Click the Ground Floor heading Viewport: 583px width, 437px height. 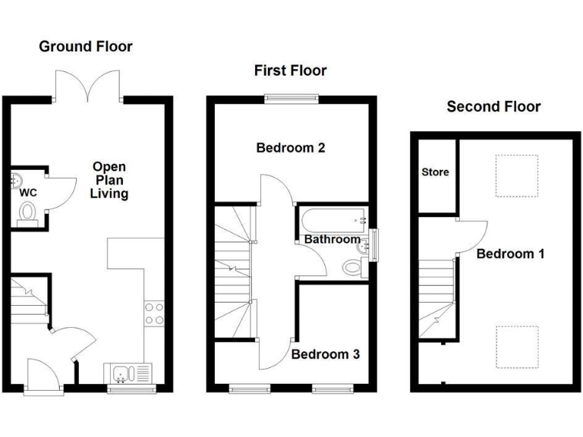86,47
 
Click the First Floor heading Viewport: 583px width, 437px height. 290,71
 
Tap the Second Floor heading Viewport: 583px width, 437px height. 493,106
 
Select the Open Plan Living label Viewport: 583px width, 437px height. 109,180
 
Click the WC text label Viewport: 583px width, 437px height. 27,192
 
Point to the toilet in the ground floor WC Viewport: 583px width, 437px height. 28,212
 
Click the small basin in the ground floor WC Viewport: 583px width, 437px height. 17,180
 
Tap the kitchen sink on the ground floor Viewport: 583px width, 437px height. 128,374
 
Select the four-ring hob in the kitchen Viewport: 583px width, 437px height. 154,313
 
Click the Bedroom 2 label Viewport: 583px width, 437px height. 291,148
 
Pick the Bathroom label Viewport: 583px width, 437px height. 332,240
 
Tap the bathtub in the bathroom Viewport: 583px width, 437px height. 332,222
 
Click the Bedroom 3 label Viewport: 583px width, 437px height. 326,354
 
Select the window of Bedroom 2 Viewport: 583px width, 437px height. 291,96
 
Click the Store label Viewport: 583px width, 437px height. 435,172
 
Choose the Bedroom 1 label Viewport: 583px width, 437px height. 510,253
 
